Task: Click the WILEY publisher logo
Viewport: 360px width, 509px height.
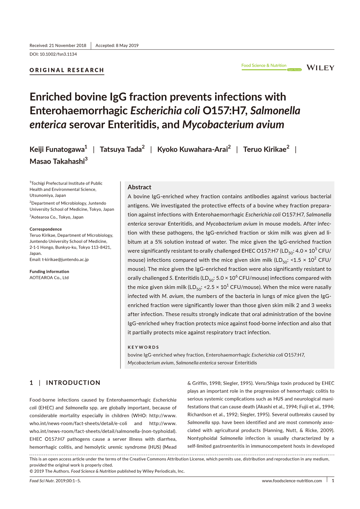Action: (320, 68)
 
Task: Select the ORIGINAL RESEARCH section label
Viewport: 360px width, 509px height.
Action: (67, 70)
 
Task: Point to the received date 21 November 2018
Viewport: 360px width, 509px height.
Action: (67, 46)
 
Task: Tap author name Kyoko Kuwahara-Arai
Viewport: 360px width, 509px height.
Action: (192, 149)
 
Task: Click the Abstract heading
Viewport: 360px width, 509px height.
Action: (139, 187)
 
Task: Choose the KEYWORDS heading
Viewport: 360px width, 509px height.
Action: (143, 347)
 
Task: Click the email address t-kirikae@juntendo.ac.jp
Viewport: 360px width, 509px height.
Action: (65, 260)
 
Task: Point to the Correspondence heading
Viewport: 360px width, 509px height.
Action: (46, 229)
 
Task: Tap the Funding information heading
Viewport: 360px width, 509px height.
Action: (49, 272)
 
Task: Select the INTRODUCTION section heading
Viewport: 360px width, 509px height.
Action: (73, 383)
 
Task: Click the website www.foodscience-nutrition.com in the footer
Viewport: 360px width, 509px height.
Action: (292, 481)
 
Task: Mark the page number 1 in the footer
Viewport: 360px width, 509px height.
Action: (333, 481)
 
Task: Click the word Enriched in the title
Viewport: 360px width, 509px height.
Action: (50, 97)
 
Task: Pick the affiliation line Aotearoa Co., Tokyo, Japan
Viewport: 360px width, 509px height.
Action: (57, 217)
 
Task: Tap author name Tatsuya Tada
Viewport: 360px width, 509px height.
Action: (120, 149)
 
